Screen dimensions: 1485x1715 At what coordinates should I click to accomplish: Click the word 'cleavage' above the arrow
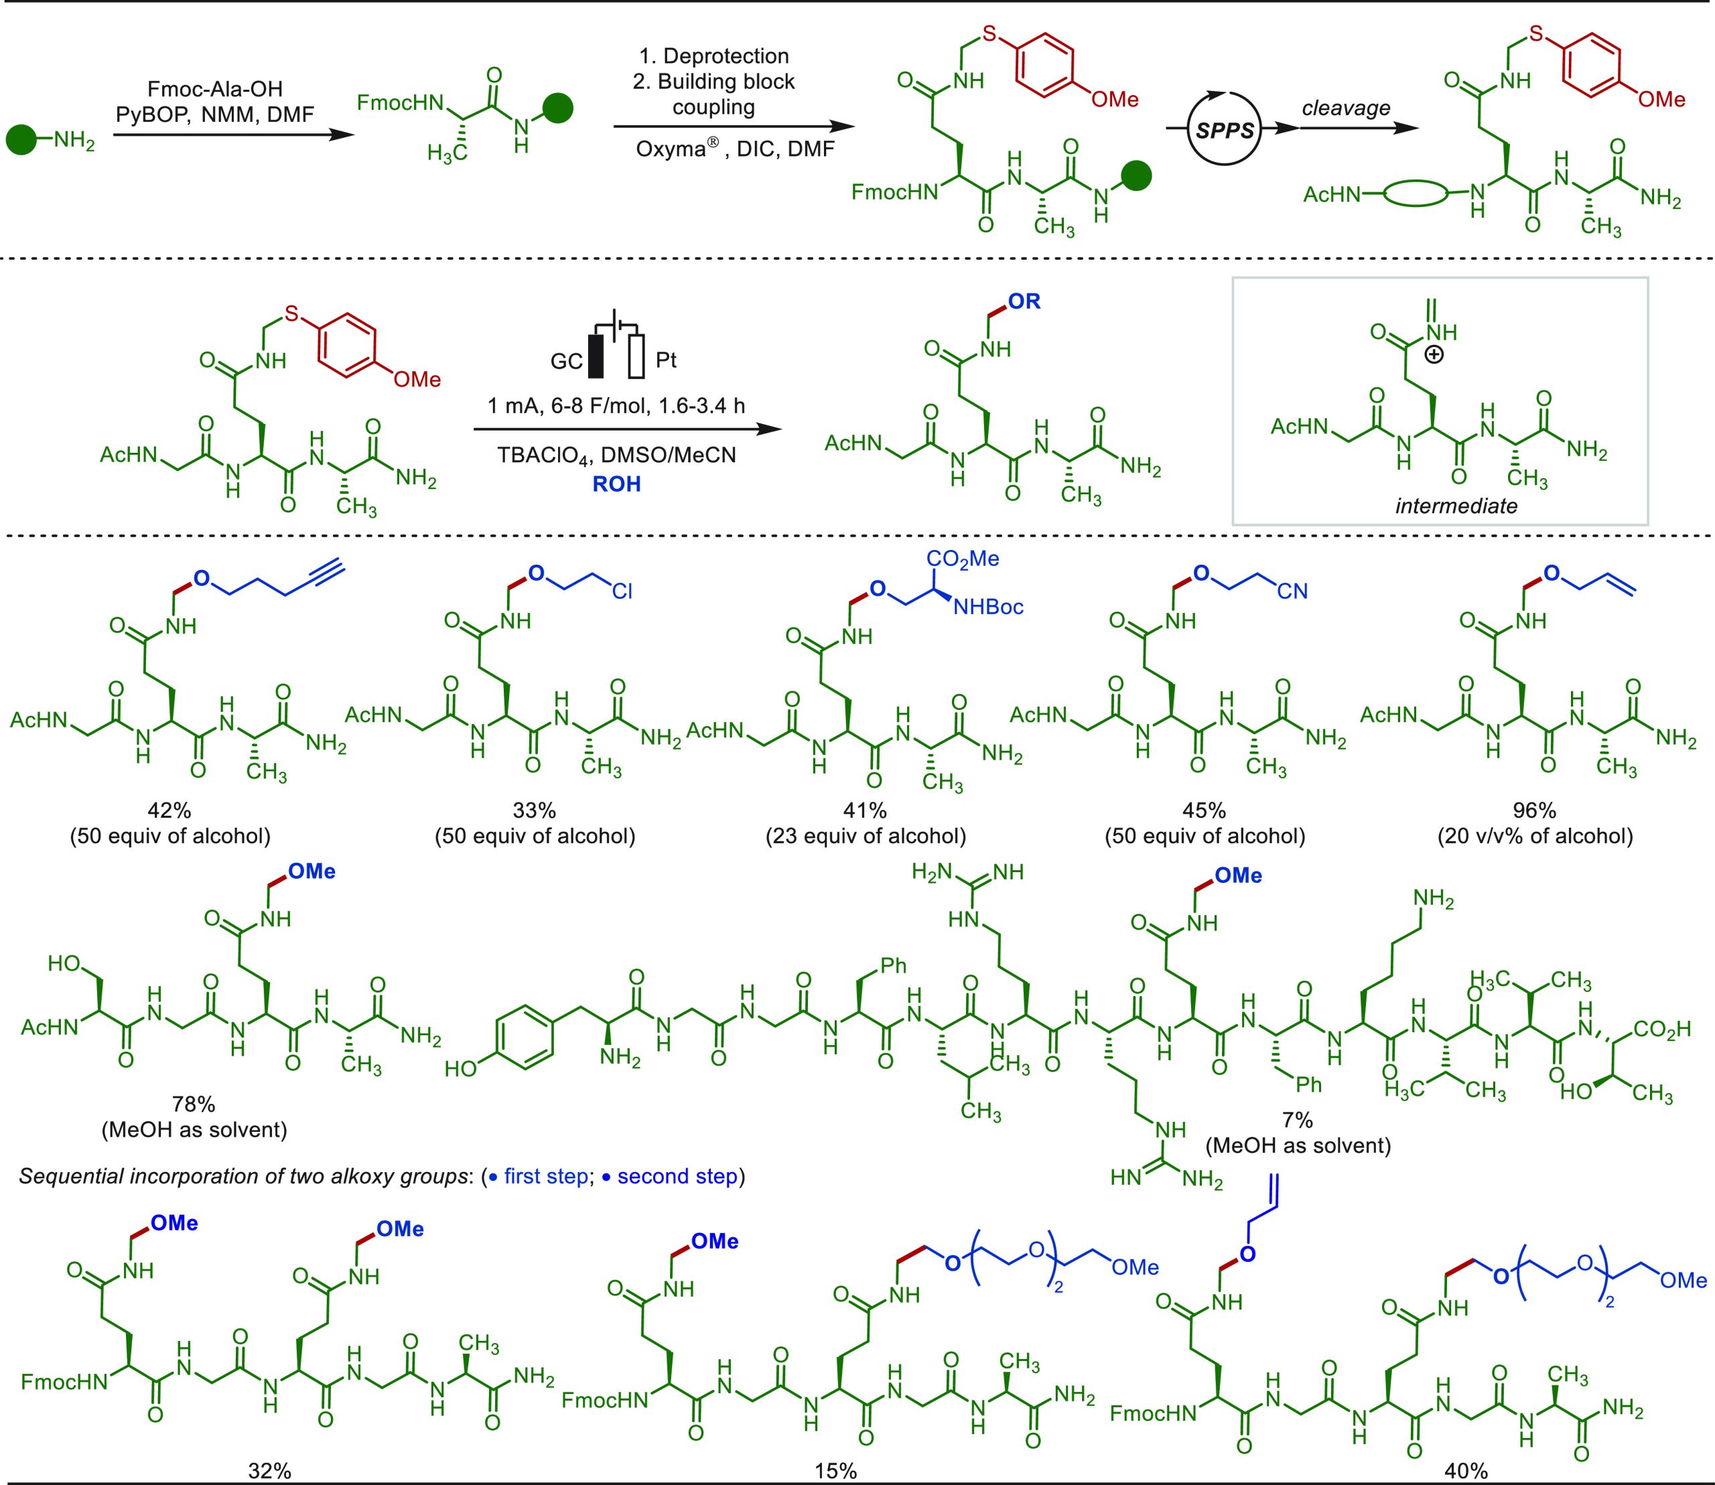point(1345,108)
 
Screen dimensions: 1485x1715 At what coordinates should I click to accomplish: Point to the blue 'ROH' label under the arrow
point(616,484)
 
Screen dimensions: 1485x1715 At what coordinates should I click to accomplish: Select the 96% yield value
point(1534,810)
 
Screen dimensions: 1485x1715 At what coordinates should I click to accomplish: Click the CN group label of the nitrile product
point(1292,591)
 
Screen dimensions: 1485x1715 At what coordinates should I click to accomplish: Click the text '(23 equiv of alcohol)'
point(866,836)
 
